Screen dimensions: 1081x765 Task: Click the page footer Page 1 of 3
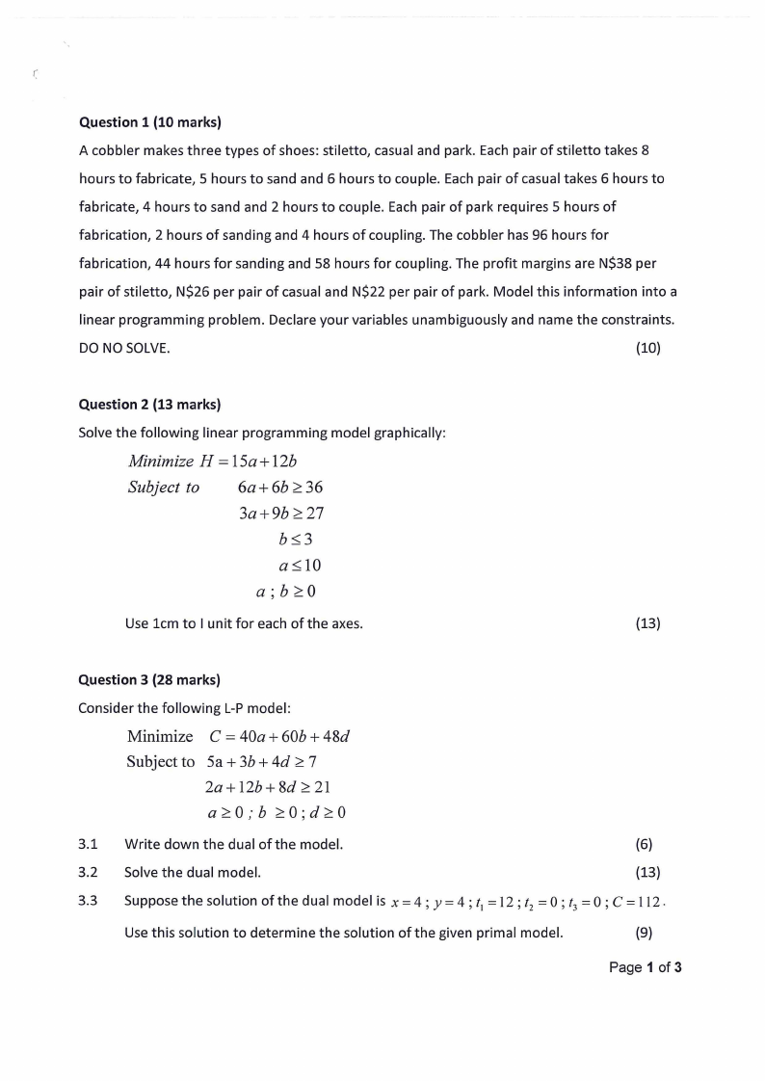point(646,967)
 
